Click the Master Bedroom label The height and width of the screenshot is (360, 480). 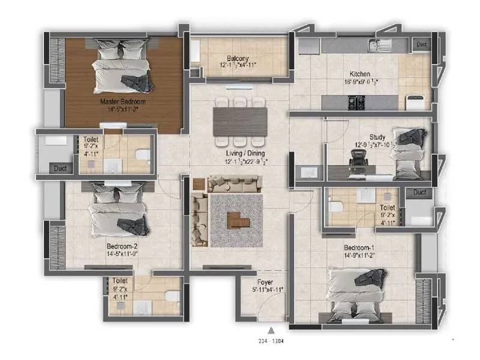(122, 102)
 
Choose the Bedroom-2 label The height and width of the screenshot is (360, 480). (122, 246)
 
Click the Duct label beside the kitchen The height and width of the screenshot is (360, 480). (421, 44)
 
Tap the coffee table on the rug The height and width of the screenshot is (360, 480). (238, 221)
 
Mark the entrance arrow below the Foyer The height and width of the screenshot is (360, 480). (272, 329)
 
